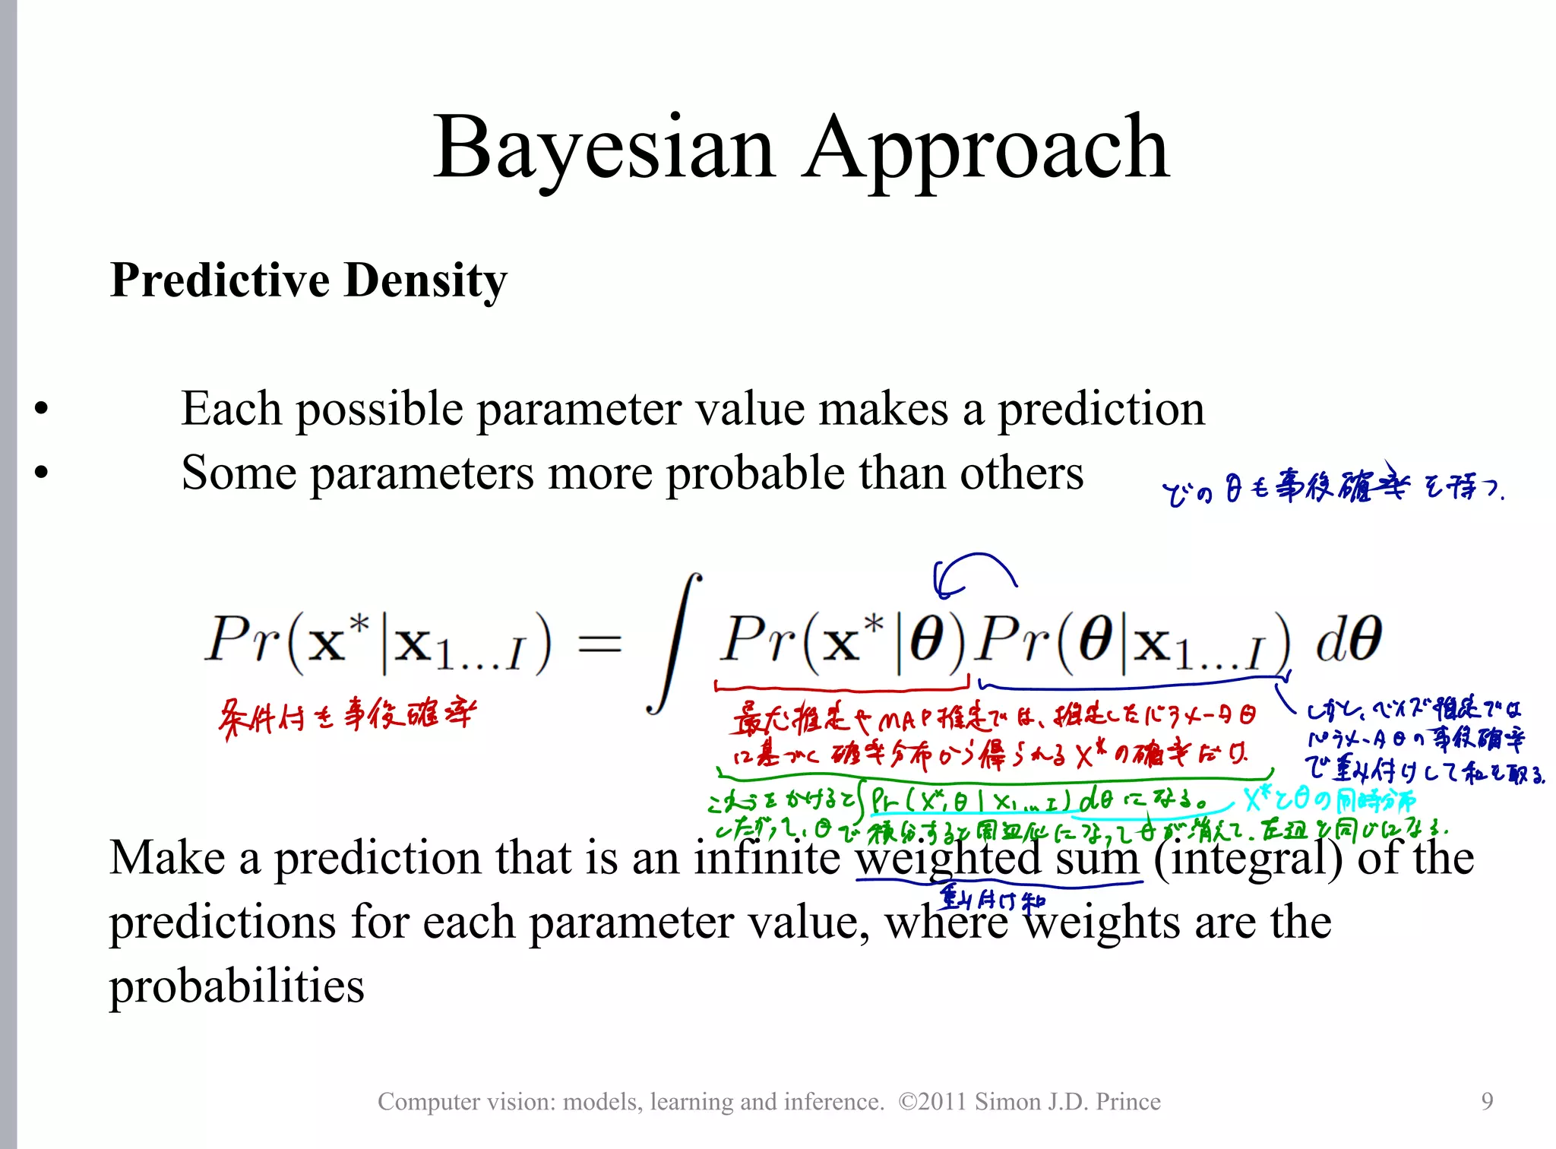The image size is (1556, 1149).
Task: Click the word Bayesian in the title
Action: pyautogui.click(x=604, y=148)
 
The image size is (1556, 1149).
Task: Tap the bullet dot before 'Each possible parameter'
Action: pyautogui.click(x=41, y=409)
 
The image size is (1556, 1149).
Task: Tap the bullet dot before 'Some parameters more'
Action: pyautogui.click(x=41, y=473)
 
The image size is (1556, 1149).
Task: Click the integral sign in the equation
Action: pyautogui.click(x=673, y=644)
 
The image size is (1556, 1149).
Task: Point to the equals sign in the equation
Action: pyautogui.click(x=599, y=644)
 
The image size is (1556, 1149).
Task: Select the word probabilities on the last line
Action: pyautogui.click(x=236, y=986)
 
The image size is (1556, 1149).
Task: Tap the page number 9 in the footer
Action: pyautogui.click(x=1487, y=1101)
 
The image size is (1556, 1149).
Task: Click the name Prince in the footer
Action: pyautogui.click(x=1127, y=1101)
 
